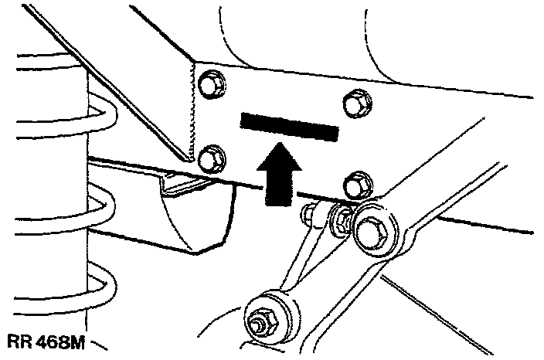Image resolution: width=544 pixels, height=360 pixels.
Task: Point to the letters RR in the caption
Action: pos(17,340)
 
